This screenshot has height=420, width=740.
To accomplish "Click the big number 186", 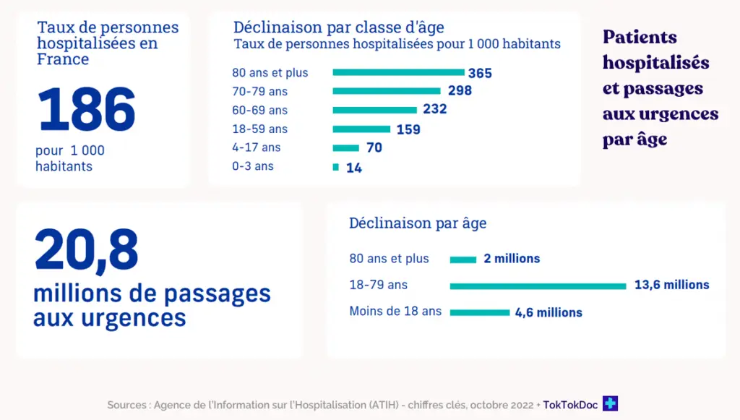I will (x=87, y=110).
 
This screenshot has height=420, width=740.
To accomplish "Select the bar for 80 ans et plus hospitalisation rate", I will (x=398, y=72).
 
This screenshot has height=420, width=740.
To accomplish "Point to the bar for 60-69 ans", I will (x=374, y=110).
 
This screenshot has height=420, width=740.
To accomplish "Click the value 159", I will (x=408, y=129).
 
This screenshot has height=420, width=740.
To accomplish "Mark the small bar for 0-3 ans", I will (x=335, y=167).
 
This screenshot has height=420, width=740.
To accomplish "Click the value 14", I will (x=353, y=168).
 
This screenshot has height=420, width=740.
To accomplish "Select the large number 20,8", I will (x=86, y=251).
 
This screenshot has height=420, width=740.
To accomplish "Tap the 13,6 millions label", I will (x=671, y=285).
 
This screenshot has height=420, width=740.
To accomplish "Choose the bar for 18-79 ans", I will (x=538, y=286).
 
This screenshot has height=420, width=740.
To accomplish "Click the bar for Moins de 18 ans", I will (x=479, y=312).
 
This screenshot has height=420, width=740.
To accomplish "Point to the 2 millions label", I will (x=512, y=259).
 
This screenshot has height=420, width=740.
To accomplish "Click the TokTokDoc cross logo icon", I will (x=611, y=404).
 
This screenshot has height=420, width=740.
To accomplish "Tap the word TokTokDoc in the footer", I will (x=570, y=405).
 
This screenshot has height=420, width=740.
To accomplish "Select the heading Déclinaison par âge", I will (x=418, y=223).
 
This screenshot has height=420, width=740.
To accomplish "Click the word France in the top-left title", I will (x=63, y=59).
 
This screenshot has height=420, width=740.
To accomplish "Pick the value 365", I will (x=480, y=73).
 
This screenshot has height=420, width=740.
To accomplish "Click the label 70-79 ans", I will (x=259, y=92).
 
